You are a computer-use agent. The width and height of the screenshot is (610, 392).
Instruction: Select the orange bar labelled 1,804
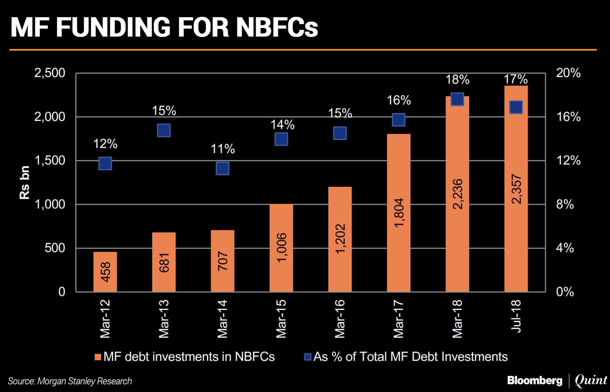pyautogui.click(x=398, y=213)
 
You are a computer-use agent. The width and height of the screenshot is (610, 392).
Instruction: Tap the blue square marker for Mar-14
pyautogui.click(x=222, y=168)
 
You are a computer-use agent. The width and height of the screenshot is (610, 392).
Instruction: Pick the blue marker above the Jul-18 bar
pyautogui.click(x=516, y=107)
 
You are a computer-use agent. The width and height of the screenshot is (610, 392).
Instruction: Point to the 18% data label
pyautogui.click(x=457, y=80)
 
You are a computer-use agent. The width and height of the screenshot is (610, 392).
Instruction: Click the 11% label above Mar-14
pyautogui.click(x=223, y=149)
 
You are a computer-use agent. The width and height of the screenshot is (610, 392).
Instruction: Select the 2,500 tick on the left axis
pyautogui.click(x=50, y=73)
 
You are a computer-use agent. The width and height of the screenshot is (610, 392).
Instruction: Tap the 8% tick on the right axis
pyautogui.click(x=565, y=204)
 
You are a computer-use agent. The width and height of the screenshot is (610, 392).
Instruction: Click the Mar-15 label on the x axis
pyautogui.click(x=281, y=318)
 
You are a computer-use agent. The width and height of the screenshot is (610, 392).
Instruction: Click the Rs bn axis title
pyautogui.click(x=25, y=182)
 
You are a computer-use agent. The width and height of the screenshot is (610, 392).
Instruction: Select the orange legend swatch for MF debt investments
pyautogui.click(x=98, y=357)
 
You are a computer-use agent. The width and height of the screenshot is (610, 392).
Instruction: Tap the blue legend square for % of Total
pyautogui.click(x=308, y=357)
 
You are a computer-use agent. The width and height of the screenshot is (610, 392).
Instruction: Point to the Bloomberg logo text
pyautogui.click(x=535, y=380)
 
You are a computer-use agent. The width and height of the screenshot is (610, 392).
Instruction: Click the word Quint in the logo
pyautogui.click(x=591, y=380)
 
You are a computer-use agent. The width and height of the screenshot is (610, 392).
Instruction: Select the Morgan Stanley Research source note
pyautogui.click(x=70, y=381)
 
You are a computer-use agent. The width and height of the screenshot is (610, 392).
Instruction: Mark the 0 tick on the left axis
pyautogui.click(x=62, y=291)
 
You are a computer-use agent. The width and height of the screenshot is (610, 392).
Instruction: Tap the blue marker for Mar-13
pyautogui.click(x=164, y=130)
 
